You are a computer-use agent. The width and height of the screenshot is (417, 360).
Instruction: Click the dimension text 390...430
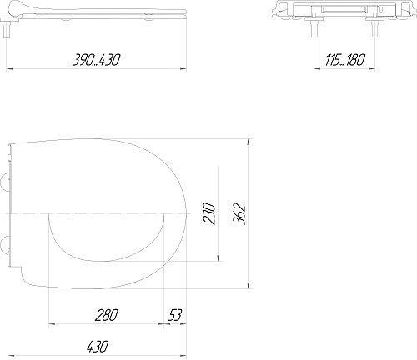(96, 60)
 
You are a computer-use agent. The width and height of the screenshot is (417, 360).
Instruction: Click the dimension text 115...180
(344, 60)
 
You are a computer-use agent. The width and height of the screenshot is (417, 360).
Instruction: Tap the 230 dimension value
(209, 213)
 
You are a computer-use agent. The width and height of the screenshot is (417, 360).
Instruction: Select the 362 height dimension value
(239, 215)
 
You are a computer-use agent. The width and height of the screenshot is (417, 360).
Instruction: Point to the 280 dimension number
(107, 315)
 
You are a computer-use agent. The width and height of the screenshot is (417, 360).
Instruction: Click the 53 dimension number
(174, 315)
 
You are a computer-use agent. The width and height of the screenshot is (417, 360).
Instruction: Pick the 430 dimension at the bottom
(97, 347)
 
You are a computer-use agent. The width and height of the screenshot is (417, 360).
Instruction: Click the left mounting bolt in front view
(314, 28)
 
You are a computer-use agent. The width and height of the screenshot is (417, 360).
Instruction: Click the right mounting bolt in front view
(374, 28)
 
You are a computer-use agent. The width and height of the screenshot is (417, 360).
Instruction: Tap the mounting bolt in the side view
(6, 29)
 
